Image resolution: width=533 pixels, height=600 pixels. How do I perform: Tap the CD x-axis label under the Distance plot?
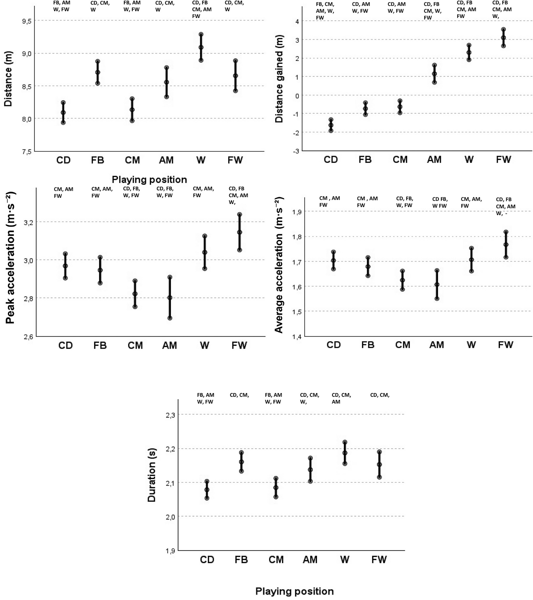[63, 160]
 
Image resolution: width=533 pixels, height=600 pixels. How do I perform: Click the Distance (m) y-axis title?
[8, 79]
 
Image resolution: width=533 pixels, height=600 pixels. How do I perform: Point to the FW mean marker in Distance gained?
[503, 38]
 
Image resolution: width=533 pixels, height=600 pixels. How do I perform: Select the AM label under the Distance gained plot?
[434, 160]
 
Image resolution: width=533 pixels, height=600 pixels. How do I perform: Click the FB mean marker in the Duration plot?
[241, 462]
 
